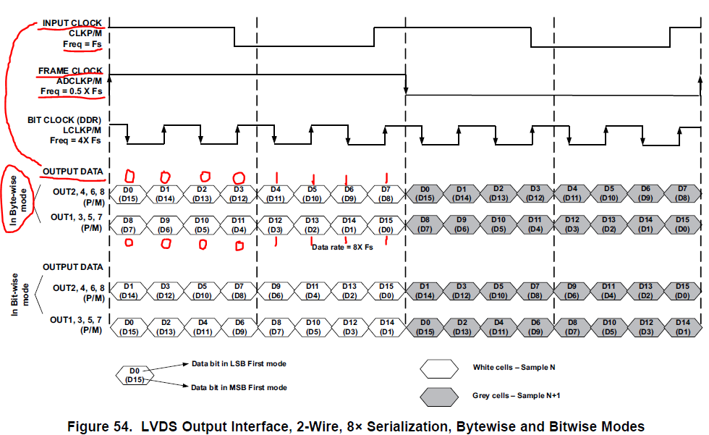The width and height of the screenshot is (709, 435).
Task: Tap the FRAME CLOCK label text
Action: [x=70, y=71]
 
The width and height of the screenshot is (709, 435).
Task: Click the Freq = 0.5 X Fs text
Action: [x=71, y=92]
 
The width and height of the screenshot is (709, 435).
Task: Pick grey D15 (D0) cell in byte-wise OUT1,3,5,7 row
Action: [x=682, y=224]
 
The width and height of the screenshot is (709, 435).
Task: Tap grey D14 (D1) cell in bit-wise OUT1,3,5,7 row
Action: [x=682, y=326]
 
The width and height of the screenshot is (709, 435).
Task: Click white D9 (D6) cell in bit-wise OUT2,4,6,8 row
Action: [x=276, y=290]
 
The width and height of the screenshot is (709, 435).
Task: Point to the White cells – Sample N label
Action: [x=514, y=367]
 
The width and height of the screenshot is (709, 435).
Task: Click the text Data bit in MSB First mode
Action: [x=239, y=388]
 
